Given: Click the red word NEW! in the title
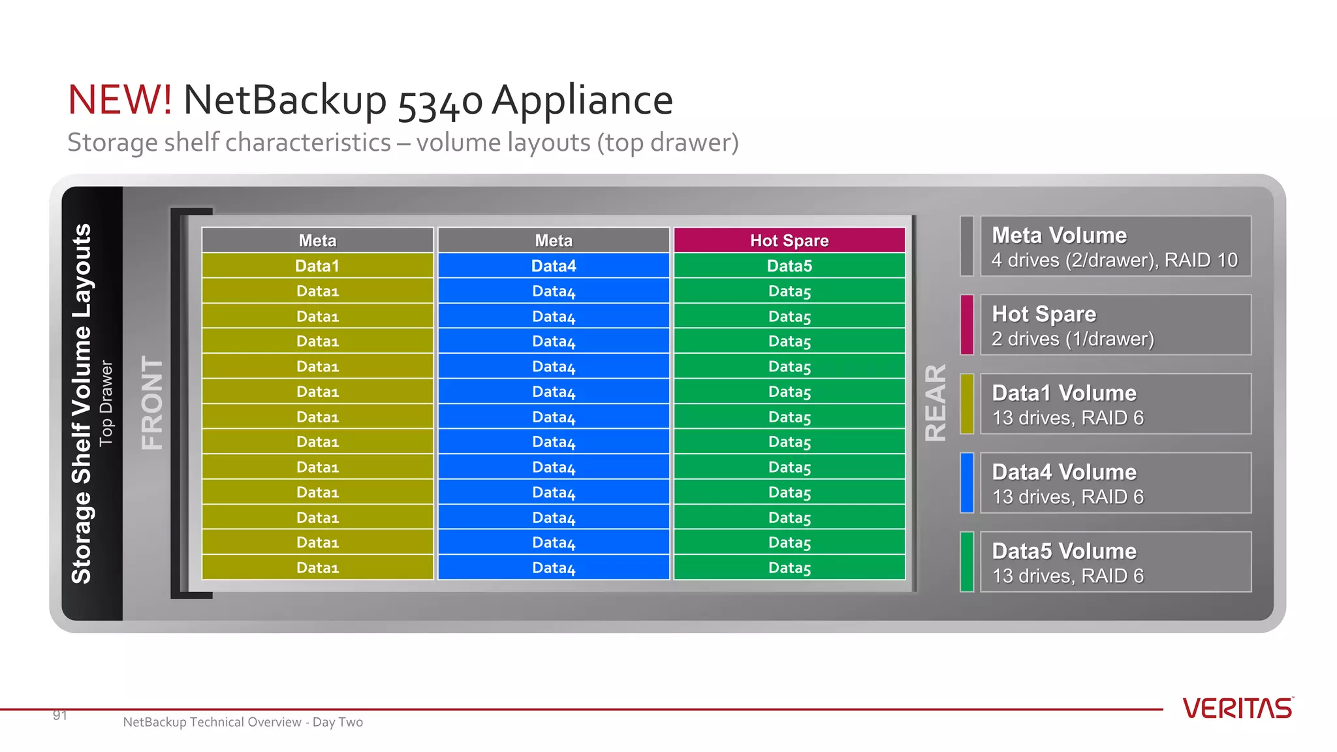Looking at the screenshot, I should click(120, 100).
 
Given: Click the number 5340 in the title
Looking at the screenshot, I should click(440, 101).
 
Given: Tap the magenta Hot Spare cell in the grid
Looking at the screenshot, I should click(789, 240).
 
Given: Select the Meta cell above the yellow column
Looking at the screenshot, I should click(317, 240).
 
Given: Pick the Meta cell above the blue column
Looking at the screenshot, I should click(554, 240).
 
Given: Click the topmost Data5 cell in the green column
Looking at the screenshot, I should click(789, 266).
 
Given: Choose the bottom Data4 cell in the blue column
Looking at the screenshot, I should click(554, 567).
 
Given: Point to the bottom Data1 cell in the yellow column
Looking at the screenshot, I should click(317, 567).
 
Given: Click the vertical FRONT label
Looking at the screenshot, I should click(152, 403).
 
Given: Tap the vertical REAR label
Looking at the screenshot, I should click(936, 403).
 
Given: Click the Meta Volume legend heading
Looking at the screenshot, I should click(1059, 235).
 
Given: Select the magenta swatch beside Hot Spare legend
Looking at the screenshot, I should click(967, 324).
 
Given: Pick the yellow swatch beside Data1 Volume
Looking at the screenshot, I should click(967, 403).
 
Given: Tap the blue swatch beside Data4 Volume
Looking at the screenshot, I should click(967, 482).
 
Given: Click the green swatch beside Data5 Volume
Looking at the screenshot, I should click(967, 561).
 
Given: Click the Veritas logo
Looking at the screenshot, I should click(1238, 708).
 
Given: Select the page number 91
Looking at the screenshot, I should click(60, 715).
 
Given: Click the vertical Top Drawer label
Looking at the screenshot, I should click(106, 403).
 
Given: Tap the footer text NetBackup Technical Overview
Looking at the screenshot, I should click(212, 722).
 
